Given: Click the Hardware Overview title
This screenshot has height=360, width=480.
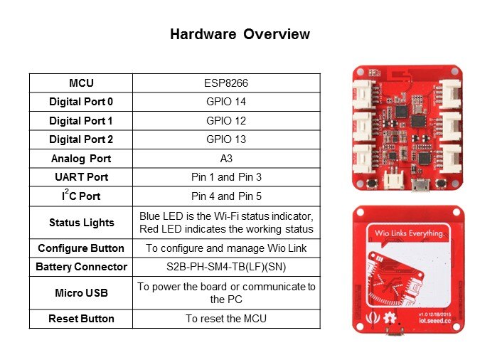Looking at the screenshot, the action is [240, 34].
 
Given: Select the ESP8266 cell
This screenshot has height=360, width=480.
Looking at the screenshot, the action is [226, 83].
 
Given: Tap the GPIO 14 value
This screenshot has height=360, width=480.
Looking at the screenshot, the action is [226, 102].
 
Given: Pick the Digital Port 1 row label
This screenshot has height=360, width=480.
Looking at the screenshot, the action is [81, 121].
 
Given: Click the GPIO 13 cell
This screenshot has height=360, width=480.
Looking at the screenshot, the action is [226, 139].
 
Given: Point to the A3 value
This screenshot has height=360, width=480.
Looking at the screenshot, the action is [226, 159].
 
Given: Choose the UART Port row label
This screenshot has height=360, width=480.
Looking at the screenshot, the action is [82, 177].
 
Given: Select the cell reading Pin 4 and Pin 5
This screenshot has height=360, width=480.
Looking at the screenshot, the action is [226, 196].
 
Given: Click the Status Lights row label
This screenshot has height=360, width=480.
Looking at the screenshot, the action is [82, 223].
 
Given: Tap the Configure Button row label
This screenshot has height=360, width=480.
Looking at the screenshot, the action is [81, 248].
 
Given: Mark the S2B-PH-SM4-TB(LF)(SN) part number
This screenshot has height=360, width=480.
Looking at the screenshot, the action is [226, 267].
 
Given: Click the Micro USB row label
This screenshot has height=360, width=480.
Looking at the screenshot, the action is [82, 293].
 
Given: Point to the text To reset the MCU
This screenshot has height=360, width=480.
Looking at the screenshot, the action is [226, 319].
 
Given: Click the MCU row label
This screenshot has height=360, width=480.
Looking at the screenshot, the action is [81, 83].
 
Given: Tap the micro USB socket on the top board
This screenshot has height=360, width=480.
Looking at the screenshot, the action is [420, 185].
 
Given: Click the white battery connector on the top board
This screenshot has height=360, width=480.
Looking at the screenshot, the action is [394, 180].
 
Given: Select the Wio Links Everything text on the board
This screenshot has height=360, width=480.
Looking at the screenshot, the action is [409, 233].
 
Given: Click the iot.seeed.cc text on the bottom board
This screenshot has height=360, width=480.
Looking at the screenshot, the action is [434, 320].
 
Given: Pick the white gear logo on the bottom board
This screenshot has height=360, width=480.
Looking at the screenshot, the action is [390, 318].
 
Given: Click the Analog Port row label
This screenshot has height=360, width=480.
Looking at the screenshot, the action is [81, 159].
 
